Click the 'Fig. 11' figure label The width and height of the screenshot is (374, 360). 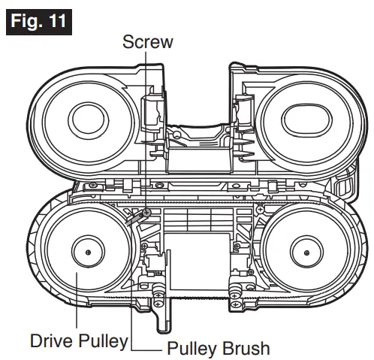coord(40,20)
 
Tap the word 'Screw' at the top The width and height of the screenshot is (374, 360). coord(147,42)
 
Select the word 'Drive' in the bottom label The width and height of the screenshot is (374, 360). coord(53,340)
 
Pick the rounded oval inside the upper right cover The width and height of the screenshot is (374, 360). coord(294,119)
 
